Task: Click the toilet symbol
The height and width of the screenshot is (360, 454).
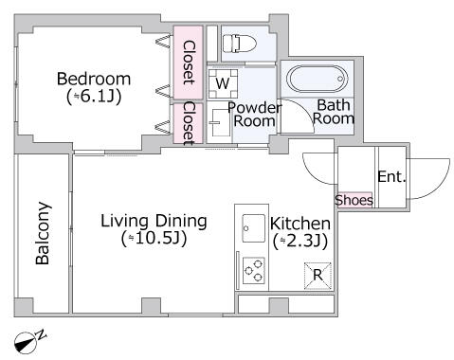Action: [x=239, y=44]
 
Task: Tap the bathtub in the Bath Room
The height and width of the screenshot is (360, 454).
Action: [x=317, y=79]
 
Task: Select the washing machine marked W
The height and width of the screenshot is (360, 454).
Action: [x=223, y=83]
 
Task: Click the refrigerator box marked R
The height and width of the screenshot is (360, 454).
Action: [x=318, y=276]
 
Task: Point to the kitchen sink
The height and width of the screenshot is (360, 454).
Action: [x=253, y=228]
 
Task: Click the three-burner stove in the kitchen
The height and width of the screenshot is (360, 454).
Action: [x=254, y=271]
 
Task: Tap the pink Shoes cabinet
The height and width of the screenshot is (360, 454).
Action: [x=354, y=200]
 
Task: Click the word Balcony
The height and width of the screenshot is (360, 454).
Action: [x=43, y=233]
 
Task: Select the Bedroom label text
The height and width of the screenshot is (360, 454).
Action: [x=94, y=79]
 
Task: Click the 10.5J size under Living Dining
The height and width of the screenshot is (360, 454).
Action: [x=154, y=239]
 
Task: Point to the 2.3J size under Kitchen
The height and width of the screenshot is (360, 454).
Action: [x=300, y=241]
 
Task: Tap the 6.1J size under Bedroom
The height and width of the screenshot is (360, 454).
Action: [x=94, y=97]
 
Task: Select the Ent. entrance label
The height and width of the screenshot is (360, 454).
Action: [x=391, y=176]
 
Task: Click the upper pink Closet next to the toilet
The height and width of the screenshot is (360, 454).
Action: [x=188, y=63]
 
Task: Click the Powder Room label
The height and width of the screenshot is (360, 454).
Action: [x=254, y=115]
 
